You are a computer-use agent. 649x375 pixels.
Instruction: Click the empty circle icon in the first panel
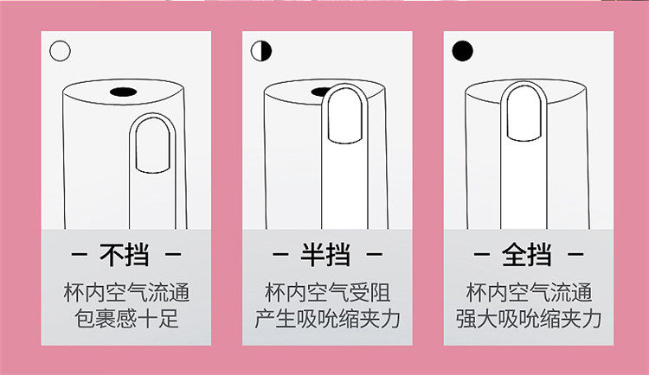60,50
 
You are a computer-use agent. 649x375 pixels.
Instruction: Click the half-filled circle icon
261,51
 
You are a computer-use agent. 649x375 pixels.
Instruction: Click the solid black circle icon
463,50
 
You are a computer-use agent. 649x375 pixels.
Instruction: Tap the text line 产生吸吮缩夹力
326,318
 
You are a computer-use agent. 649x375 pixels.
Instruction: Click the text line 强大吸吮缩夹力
529,318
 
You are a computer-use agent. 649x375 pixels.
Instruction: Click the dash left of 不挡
80,256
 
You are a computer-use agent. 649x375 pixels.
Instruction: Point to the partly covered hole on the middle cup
318,90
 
